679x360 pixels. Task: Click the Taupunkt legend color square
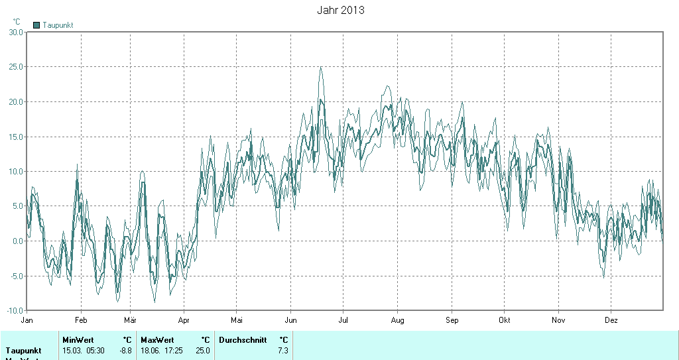pos(36,25)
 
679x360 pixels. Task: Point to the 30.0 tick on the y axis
pos(15,32)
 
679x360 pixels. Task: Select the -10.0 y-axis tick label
pos(13,310)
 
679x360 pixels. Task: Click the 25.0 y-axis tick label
pos(15,67)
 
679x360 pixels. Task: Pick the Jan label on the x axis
pos(27,320)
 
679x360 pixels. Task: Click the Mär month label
pos(130,320)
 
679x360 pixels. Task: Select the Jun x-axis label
pos(290,320)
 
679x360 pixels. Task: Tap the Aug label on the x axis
pos(397,320)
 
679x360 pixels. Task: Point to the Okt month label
pos(505,320)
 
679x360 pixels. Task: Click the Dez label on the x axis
pos(611,320)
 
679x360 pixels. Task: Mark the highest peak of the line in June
pos(321,67)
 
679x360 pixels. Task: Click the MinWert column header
pos(78,340)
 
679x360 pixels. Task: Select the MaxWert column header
pos(156,340)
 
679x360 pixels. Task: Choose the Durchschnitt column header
pos(243,340)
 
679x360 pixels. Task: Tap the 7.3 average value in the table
pos(282,350)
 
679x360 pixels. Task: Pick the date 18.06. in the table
pos(151,350)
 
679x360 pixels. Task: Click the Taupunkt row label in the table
pos(23,350)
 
